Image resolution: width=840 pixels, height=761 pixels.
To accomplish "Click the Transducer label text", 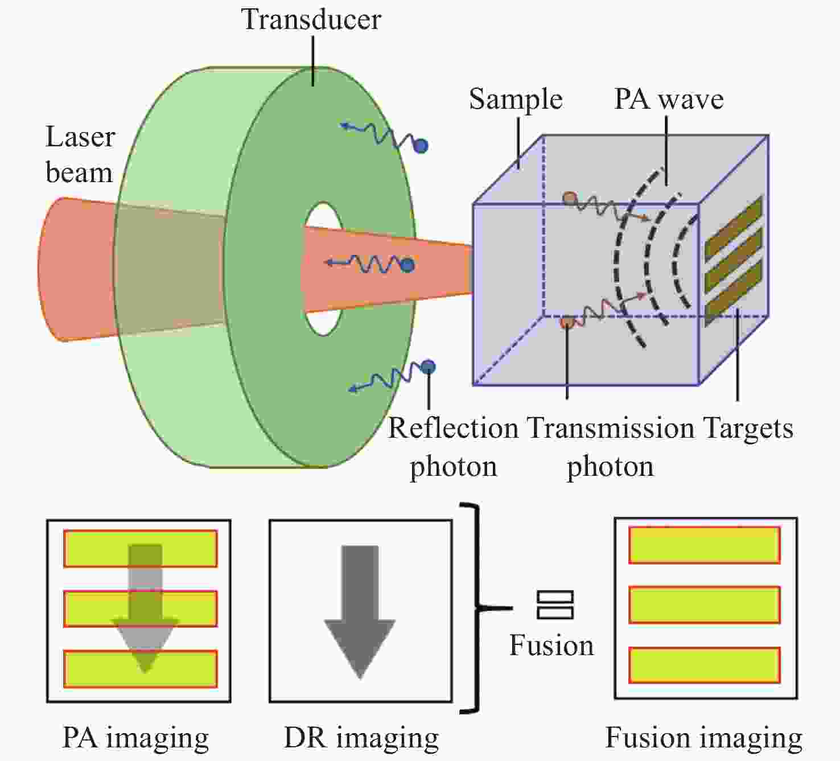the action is click(311, 19).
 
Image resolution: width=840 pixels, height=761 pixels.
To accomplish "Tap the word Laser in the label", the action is click(80, 137).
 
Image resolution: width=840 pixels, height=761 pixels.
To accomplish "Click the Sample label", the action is click(516, 99).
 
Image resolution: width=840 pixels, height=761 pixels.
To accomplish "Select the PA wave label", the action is click(669, 99).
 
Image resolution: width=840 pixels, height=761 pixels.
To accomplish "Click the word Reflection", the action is click(453, 429).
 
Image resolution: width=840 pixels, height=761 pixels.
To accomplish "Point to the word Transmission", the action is click(611, 429).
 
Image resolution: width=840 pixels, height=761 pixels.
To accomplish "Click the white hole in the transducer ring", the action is click(323, 269).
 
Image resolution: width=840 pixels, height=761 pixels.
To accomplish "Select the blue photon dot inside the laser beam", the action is click(407, 265).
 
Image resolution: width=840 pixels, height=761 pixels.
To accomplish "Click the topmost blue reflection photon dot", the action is click(421, 146).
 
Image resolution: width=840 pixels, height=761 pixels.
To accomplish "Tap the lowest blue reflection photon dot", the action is click(428, 367).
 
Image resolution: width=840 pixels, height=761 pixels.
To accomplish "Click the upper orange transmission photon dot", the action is click(570, 198).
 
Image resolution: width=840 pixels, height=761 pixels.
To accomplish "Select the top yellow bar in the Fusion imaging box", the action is click(705, 545).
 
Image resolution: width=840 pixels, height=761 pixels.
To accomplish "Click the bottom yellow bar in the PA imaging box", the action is click(140, 669).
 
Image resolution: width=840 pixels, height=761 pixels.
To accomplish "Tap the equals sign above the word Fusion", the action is click(555, 605).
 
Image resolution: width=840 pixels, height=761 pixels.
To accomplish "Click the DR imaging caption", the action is click(361, 738).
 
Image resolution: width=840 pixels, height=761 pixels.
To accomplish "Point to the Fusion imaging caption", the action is click(704, 738).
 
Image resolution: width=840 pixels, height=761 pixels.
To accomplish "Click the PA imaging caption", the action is click(135, 738).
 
